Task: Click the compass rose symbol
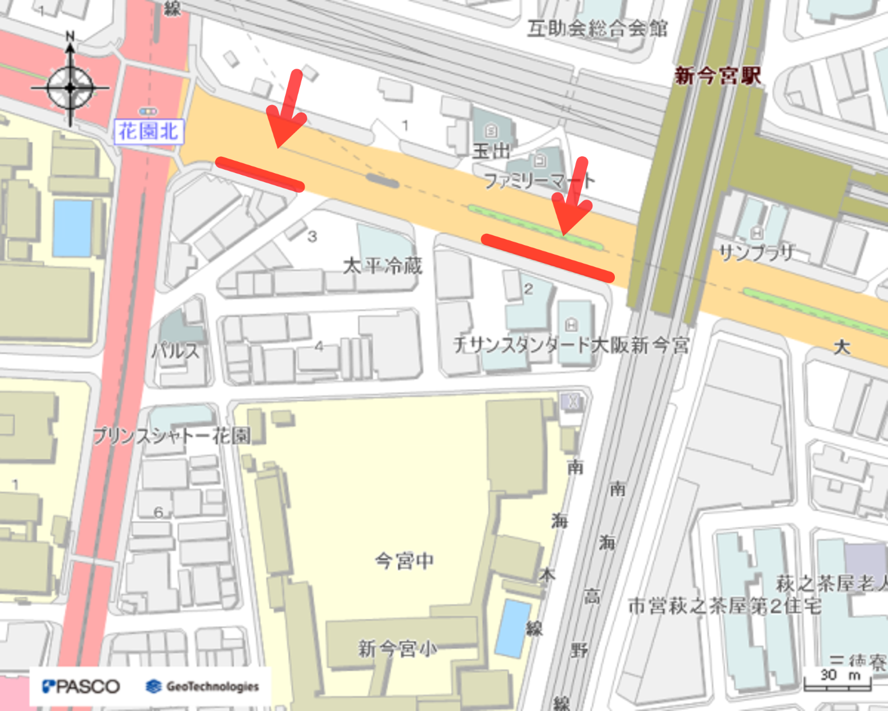tap(70, 88)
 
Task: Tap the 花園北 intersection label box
tap(148, 132)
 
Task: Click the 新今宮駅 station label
tap(718, 76)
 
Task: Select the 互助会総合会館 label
tap(597, 28)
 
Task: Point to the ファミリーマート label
tap(539, 181)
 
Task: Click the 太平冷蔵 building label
tap(383, 265)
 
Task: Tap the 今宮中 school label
tap(404, 560)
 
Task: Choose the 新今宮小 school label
tap(397, 649)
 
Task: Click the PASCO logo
tap(81, 686)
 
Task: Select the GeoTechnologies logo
tap(203, 686)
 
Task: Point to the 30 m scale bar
tap(837, 680)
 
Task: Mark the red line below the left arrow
tap(260, 174)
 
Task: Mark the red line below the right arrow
tap(547, 257)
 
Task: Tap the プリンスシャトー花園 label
tap(171, 436)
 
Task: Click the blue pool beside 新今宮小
tap(513, 628)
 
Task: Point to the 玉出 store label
tap(491, 151)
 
